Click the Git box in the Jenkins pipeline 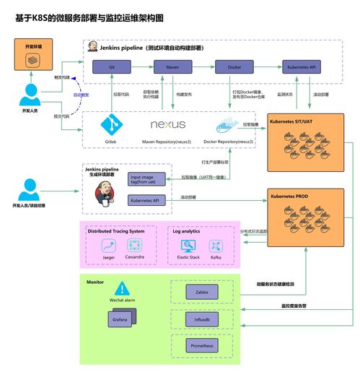tap(113, 66)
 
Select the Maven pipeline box tap(173, 66)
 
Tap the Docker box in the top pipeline tap(235, 66)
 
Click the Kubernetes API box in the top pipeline tap(304, 66)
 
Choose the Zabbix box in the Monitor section tap(202, 292)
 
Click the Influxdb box tap(202, 318)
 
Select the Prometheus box tap(202, 345)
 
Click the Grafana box tap(120, 318)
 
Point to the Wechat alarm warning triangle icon tap(120, 287)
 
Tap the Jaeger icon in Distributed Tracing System tap(110, 246)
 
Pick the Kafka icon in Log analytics tap(215, 246)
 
